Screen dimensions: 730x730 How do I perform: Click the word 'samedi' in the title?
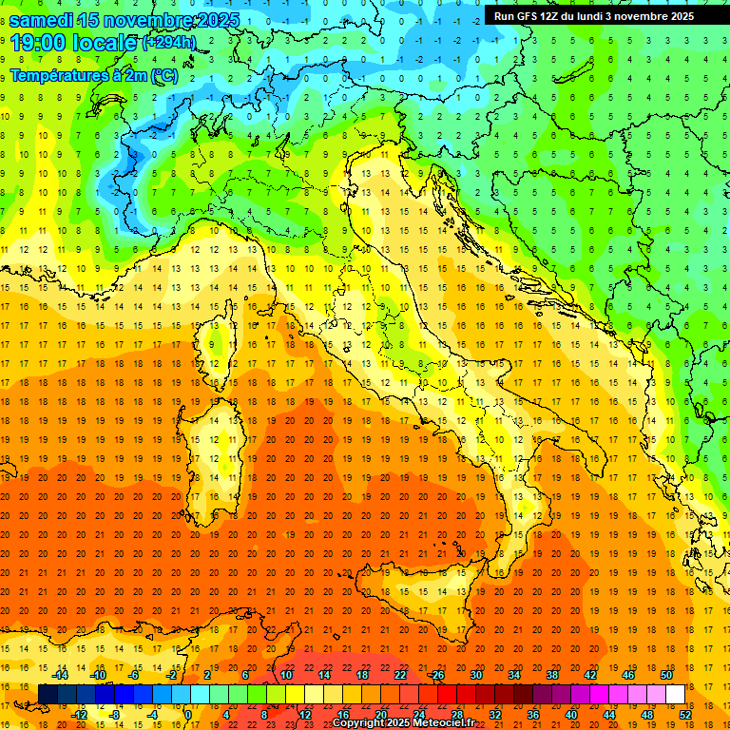42,20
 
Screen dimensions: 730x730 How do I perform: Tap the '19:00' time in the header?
37,43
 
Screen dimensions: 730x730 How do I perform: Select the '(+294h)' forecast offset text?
168,43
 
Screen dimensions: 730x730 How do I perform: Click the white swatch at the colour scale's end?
675,694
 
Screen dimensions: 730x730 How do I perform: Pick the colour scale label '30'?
476,675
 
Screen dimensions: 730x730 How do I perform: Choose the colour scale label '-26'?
436,675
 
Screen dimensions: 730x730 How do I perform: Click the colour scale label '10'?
286,675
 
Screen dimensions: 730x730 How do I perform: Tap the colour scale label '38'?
551,675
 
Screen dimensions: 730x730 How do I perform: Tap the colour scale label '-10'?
97,675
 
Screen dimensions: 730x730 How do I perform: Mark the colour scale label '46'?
627,675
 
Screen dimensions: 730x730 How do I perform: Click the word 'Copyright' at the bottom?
357,723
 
